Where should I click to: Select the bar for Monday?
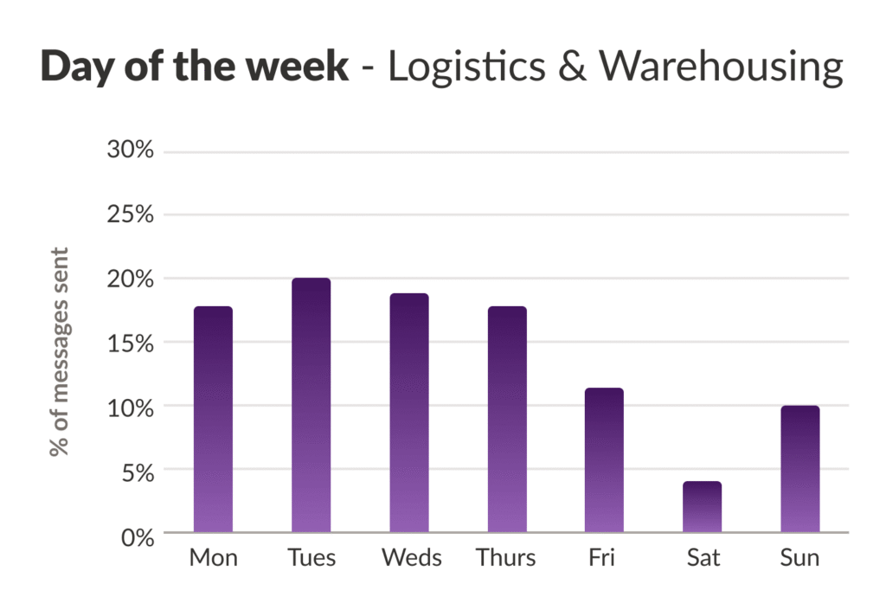(213, 420)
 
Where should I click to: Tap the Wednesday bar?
(408, 413)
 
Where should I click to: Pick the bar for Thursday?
(506, 420)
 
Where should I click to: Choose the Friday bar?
(604, 460)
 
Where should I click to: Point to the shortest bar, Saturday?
(702, 507)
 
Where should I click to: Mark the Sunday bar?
(799, 469)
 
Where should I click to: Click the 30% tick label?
(131, 150)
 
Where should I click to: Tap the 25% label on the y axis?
(131, 214)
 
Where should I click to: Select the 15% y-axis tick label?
(131, 343)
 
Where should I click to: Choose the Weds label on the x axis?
(412, 558)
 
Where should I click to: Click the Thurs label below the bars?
(506, 558)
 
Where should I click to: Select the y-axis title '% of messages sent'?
(59, 352)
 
